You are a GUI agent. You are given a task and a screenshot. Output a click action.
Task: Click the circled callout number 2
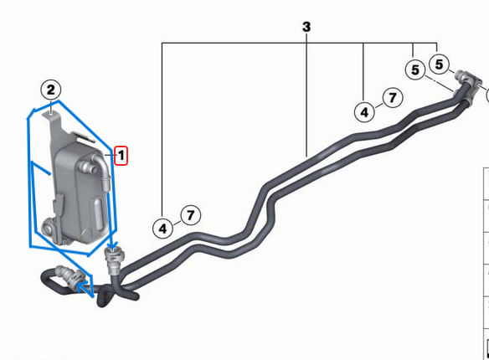click(x=51, y=90)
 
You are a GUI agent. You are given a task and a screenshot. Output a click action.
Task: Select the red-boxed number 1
click(x=121, y=155)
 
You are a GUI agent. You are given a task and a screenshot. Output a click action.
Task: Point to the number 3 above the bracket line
click(x=306, y=27)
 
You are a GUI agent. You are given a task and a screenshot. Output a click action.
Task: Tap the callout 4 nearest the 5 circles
click(x=364, y=111)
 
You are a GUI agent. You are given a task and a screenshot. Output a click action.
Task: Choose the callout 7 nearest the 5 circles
click(x=390, y=98)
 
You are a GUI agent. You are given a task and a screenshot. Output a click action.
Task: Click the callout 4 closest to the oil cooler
click(x=163, y=227)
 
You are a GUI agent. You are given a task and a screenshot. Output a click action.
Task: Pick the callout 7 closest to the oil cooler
click(x=190, y=215)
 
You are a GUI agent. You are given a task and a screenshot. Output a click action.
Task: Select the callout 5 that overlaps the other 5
click(x=416, y=70)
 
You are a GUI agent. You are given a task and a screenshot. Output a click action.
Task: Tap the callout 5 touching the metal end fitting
click(x=440, y=64)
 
